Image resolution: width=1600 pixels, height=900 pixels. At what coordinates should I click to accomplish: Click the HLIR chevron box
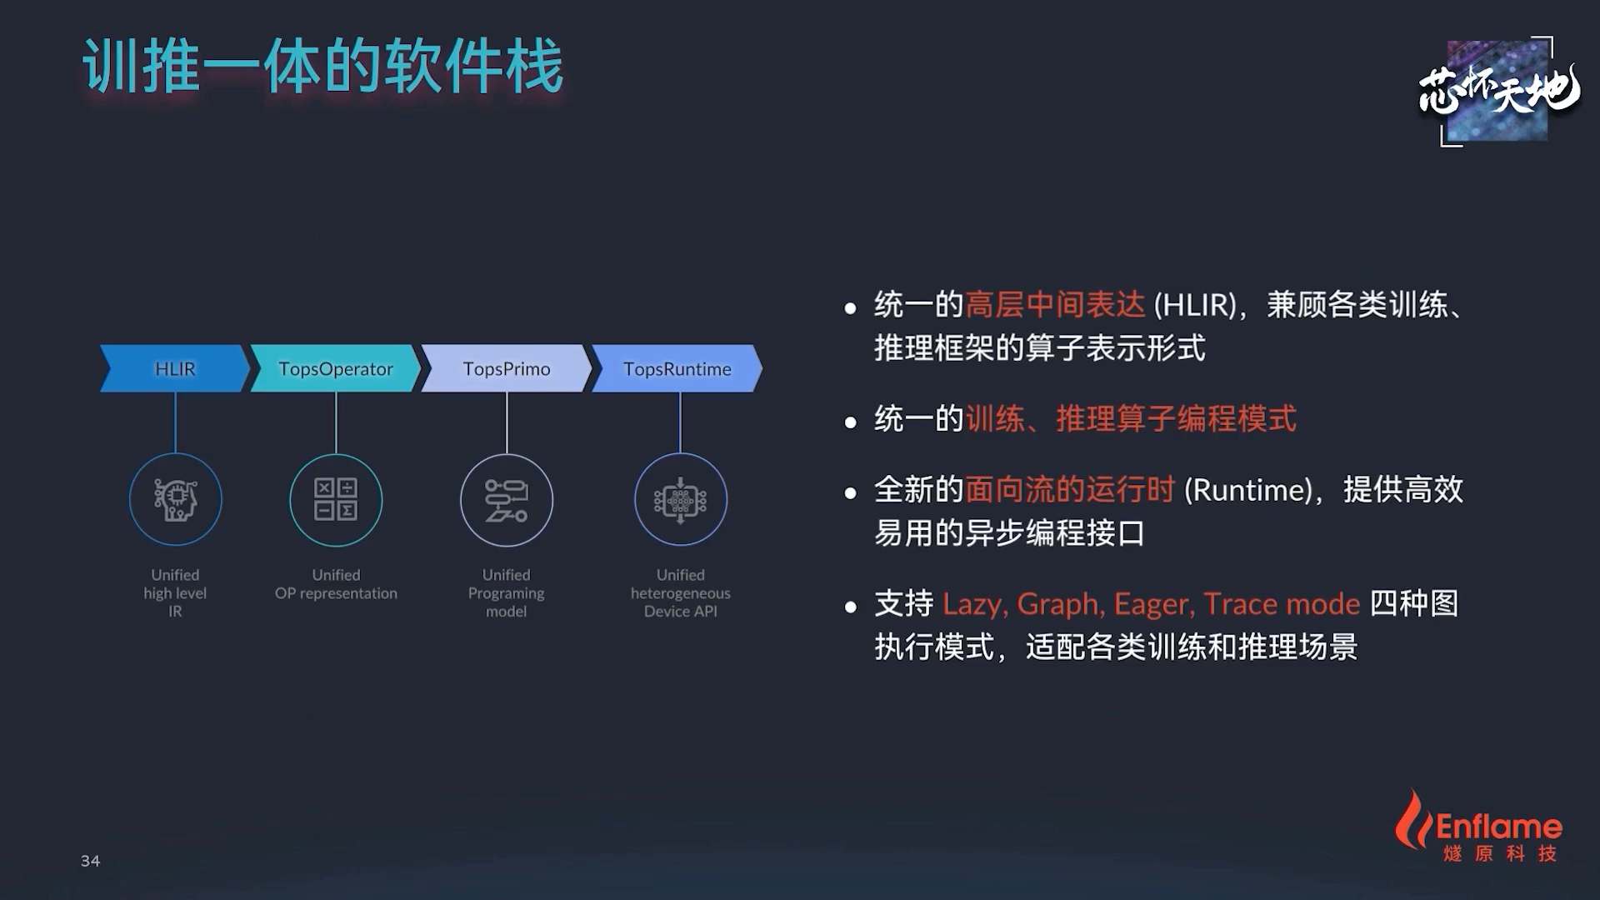coord(175,368)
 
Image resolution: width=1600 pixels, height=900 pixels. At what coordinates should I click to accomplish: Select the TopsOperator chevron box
coord(336,368)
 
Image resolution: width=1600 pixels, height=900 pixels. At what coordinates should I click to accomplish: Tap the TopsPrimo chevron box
coord(507,368)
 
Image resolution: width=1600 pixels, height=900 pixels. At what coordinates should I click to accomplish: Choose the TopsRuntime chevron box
coord(677,368)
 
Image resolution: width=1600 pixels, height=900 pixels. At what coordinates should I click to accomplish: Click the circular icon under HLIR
coord(175,500)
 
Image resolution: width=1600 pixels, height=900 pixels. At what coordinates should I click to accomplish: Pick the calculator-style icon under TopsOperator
coord(336,500)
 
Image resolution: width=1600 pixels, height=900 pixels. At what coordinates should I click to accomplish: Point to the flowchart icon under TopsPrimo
coord(507,500)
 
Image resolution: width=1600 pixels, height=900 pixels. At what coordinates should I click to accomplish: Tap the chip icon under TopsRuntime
coord(681,500)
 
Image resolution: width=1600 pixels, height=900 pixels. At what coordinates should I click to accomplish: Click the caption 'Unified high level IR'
coord(175,592)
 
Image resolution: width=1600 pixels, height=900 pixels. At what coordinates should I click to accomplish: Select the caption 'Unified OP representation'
coord(336,584)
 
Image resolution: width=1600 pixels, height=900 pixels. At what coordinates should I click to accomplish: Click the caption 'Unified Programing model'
coord(507,592)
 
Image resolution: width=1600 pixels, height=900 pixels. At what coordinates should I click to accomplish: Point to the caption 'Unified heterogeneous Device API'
coord(681,592)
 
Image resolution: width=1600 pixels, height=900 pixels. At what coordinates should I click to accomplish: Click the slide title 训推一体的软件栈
coord(323,66)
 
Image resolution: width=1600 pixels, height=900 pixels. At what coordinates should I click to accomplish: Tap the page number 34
coord(90,861)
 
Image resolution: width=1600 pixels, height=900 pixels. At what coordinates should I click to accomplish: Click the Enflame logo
coord(1478,827)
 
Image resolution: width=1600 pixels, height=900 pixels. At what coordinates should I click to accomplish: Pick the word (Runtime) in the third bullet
coord(1249,490)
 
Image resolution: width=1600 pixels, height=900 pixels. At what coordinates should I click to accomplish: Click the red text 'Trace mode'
coord(1282,603)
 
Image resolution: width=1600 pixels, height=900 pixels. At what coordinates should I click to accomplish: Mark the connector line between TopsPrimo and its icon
coord(507,423)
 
